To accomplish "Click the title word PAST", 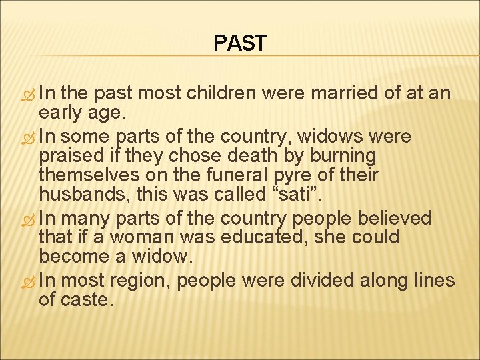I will [x=240, y=43].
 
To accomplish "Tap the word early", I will [x=62, y=113].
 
